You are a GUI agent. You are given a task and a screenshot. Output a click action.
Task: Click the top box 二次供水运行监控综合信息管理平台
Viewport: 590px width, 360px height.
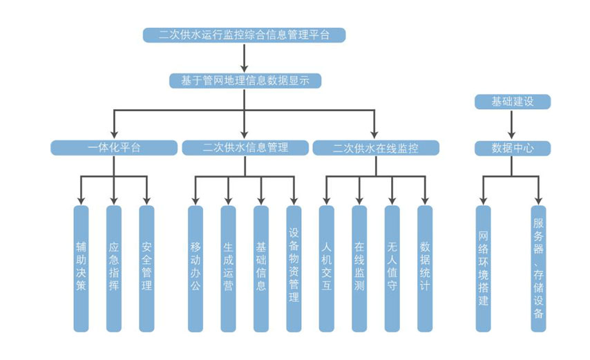(244, 35)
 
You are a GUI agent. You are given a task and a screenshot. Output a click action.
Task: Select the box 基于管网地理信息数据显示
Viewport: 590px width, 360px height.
(245, 81)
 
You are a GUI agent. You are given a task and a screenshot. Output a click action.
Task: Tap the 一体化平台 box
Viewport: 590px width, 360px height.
(114, 148)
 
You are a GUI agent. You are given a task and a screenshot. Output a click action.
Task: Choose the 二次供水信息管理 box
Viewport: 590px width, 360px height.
(245, 148)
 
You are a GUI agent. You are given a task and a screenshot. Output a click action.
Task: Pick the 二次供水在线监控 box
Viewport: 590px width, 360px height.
(375, 148)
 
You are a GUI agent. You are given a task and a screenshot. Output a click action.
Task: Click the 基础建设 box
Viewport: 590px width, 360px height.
(512, 102)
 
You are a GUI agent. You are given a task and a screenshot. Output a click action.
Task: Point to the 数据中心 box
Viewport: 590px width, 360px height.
(512, 148)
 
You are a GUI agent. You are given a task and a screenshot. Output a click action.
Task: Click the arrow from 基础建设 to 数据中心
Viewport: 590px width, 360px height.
(512, 125)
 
